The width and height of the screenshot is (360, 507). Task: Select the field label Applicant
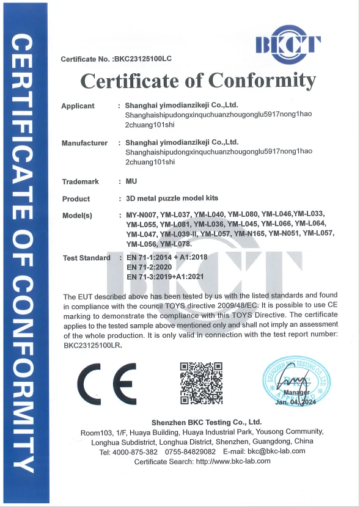pos(78,106)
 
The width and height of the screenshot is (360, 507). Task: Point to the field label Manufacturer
pos(84,144)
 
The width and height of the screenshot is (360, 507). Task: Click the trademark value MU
pos(130,182)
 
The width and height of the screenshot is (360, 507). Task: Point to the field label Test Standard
pos(87,258)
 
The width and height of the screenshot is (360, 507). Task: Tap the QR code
pos(200,383)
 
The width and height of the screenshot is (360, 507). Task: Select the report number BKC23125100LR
pos(92,345)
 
